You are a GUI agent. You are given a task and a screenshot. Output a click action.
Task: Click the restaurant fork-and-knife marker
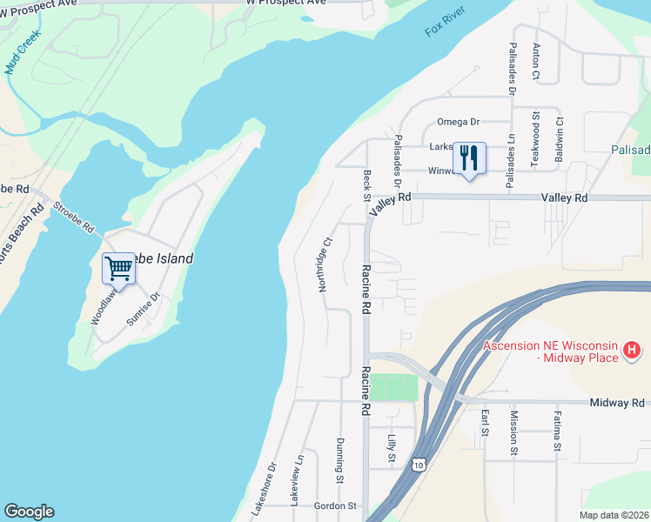(x=469, y=158)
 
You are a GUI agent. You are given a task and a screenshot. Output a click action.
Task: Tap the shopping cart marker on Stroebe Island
(x=117, y=268)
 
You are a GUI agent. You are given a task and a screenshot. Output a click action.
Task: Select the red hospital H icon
(x=633, y=351)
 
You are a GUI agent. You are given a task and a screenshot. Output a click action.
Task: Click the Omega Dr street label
(x=458, y=122)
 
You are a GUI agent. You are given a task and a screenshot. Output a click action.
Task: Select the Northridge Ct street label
(x=325, y=264)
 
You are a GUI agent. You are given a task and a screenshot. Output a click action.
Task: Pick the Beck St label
(x=366, y=184)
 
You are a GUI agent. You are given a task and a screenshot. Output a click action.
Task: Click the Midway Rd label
(x=616, y=403)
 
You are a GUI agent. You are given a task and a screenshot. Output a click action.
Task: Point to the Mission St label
(x=514, y=433)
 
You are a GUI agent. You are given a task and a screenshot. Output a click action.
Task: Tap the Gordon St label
(x=335, y=505)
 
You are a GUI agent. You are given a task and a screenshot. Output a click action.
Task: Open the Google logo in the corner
(x=29, y=512)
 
